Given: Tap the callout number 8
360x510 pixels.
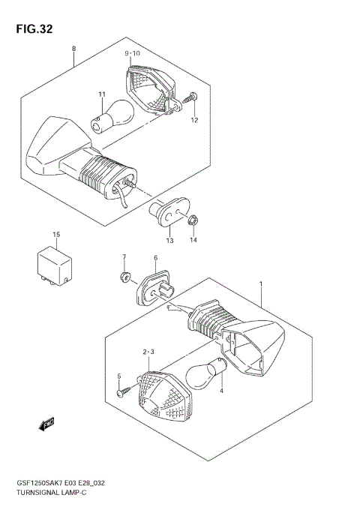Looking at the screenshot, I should tap(73, 49).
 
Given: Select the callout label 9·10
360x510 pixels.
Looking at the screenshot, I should tap(132, 53).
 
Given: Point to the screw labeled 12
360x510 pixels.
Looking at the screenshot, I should tap(193, 97).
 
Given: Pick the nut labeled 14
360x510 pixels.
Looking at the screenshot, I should tap(191, 220).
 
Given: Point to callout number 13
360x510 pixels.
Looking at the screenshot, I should tap(170, 241).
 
